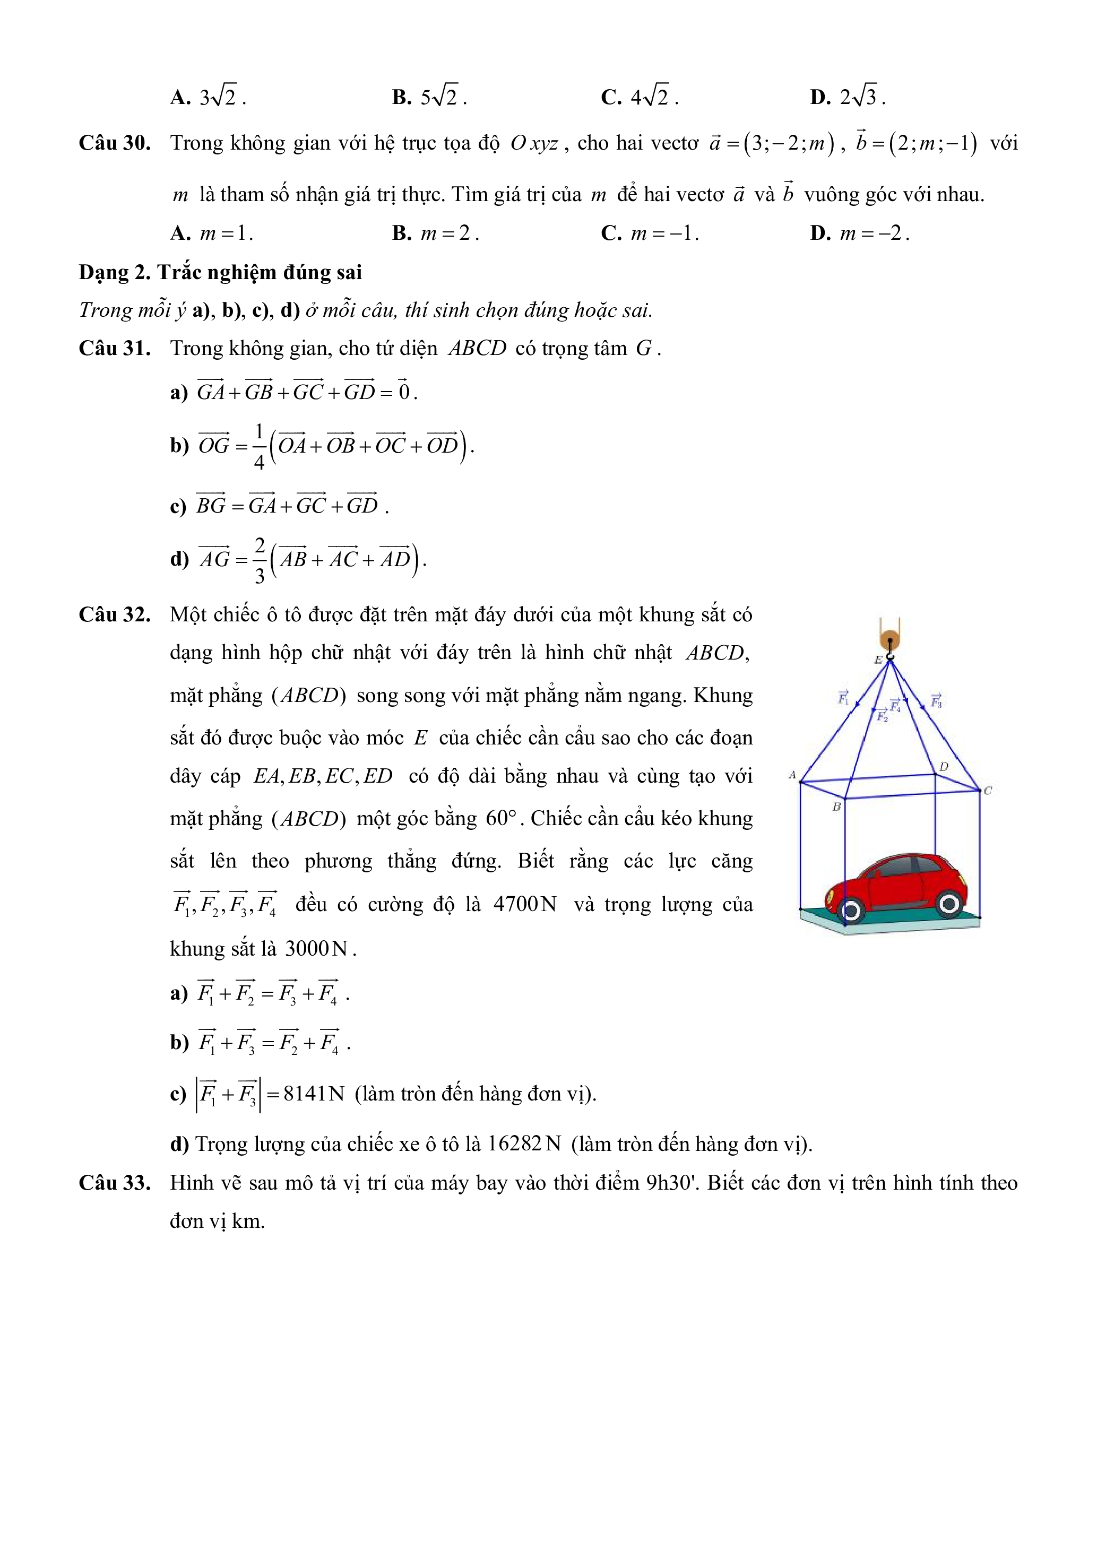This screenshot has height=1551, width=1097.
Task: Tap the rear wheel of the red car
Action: tap(949, 903)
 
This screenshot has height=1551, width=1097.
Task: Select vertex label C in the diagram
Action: tap(988, 791)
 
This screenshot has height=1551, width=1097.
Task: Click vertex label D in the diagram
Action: tap(944, 767)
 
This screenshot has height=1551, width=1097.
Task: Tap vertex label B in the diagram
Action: tap(836, 807)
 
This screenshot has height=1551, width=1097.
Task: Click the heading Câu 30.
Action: tap(114, 143)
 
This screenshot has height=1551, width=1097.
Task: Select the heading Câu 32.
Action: tap(114, 615)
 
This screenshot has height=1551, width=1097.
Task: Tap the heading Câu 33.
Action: tap(114, 1183)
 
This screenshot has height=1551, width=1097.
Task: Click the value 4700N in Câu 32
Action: tap(525, 905)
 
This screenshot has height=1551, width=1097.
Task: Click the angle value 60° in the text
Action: tap(500, 819)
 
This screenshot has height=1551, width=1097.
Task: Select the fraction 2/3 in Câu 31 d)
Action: tap(260, 560)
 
